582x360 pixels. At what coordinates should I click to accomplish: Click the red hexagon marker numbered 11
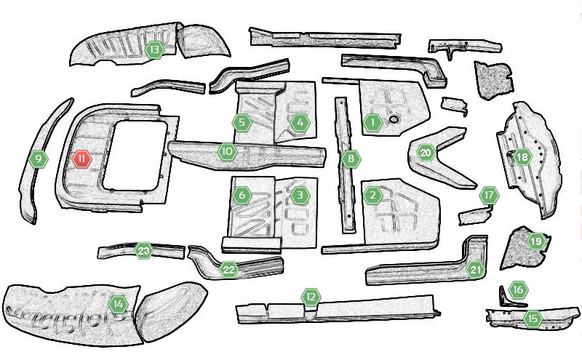tap(82, 159)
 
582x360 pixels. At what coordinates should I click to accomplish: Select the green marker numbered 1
tap(372, 122)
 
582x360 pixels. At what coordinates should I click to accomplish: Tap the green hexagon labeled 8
tap(351, 159)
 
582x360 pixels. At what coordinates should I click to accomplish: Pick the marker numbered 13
tap(155, 49)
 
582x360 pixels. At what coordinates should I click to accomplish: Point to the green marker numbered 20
tap(426, 153)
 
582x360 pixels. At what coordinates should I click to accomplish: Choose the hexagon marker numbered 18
tap(522, 157)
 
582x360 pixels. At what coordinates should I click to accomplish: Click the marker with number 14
tap(119, 305)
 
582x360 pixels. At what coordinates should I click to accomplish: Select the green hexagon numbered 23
tap(143, 251)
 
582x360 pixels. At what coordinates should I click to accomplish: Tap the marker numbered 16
tap(518, 289)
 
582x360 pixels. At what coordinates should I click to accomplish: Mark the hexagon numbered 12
tap(311, 297)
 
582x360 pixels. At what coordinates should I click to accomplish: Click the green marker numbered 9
tap(38, 159)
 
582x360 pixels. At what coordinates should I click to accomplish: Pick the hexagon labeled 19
tap(536, 242)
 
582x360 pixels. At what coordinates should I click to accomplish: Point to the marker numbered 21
tap(476, 270)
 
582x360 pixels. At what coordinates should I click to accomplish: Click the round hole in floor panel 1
tap(394, 119)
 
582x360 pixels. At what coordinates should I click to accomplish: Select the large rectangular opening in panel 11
tap(135, 155)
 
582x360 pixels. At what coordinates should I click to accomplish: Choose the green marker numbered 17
tap(489, 195)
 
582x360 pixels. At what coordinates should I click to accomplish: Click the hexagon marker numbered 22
tap(228, 270)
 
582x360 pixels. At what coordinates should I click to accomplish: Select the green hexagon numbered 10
tap(227, 151)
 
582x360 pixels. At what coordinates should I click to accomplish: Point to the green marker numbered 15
tap(533, 319)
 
